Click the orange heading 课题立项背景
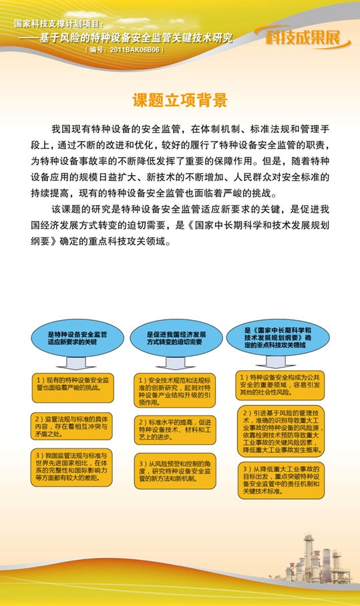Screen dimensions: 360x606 [180, 100]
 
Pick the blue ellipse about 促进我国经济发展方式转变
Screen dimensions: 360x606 [176, 337]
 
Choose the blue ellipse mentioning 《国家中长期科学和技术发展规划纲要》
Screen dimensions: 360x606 [278, 337]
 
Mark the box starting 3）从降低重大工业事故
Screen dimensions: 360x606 [281, 479]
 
